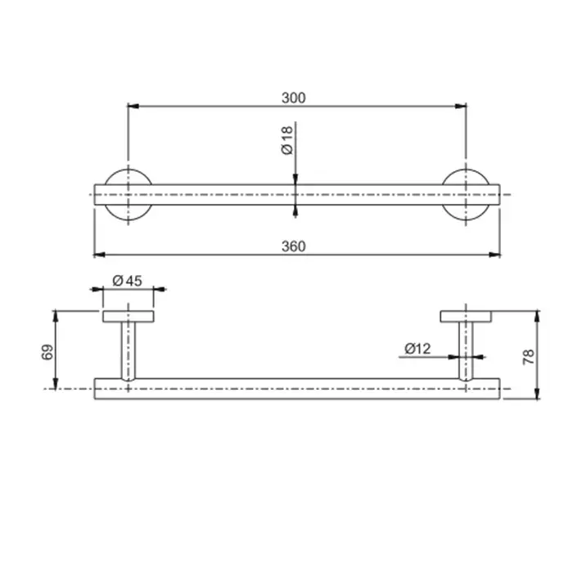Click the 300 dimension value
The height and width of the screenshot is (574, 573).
[x=293, y=98]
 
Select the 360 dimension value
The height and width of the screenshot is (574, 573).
[x=293, y=246]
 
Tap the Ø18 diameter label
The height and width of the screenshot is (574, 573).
[x=287, y=140]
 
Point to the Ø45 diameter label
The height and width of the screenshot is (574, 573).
[x=128, y=281]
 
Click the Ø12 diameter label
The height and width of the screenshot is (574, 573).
[x=417, y=349]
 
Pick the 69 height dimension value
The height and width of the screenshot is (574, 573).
[x=47, y=352]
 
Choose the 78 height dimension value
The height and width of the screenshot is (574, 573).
[x=529, y=357]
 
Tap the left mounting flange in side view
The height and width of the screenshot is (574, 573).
[x=128, y=317]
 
